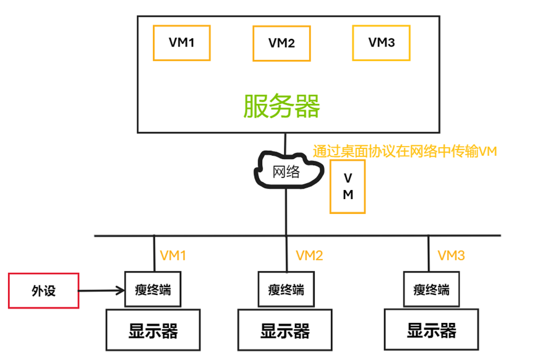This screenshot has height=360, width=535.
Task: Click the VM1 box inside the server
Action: pos(182,43)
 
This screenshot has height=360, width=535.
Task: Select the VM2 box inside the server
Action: pos(281,43)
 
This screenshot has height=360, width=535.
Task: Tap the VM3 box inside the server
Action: pos(381,43)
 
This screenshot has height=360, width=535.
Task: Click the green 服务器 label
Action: pos(281,106)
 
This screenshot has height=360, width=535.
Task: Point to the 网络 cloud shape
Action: pos(286,171)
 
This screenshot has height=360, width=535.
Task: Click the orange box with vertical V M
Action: pos(348,186)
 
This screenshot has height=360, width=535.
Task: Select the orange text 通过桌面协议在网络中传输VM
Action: pos(405,151)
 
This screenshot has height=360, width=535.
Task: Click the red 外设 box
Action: pos(43,290)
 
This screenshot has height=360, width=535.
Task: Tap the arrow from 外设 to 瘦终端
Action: pos(102,289)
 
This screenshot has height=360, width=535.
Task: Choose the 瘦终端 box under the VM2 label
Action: pos(286,289)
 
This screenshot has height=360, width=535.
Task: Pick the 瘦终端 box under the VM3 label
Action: pos(431,289)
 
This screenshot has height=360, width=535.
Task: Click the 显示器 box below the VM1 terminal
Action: pos(153,330)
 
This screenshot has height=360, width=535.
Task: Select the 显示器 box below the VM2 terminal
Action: pos(285,330)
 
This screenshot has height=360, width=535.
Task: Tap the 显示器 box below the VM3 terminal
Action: pos(431,330)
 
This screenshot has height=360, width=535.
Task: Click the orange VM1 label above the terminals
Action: pos(173,255)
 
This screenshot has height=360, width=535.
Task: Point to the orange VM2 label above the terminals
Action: pos(309,255)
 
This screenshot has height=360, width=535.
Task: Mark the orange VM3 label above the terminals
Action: pos(451,255)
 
